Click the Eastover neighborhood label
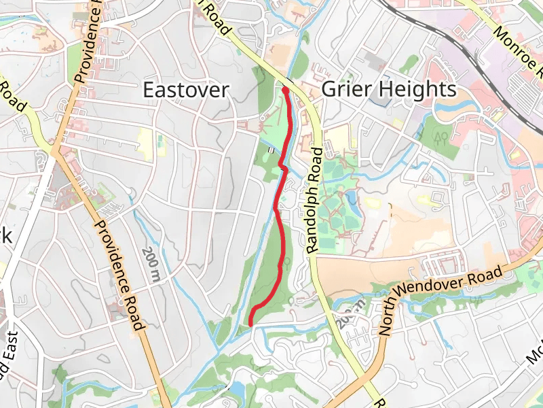coord(185,90)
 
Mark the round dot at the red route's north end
coord(286,90)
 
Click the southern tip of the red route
coord(251,324)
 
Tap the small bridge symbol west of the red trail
coord(272,150)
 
